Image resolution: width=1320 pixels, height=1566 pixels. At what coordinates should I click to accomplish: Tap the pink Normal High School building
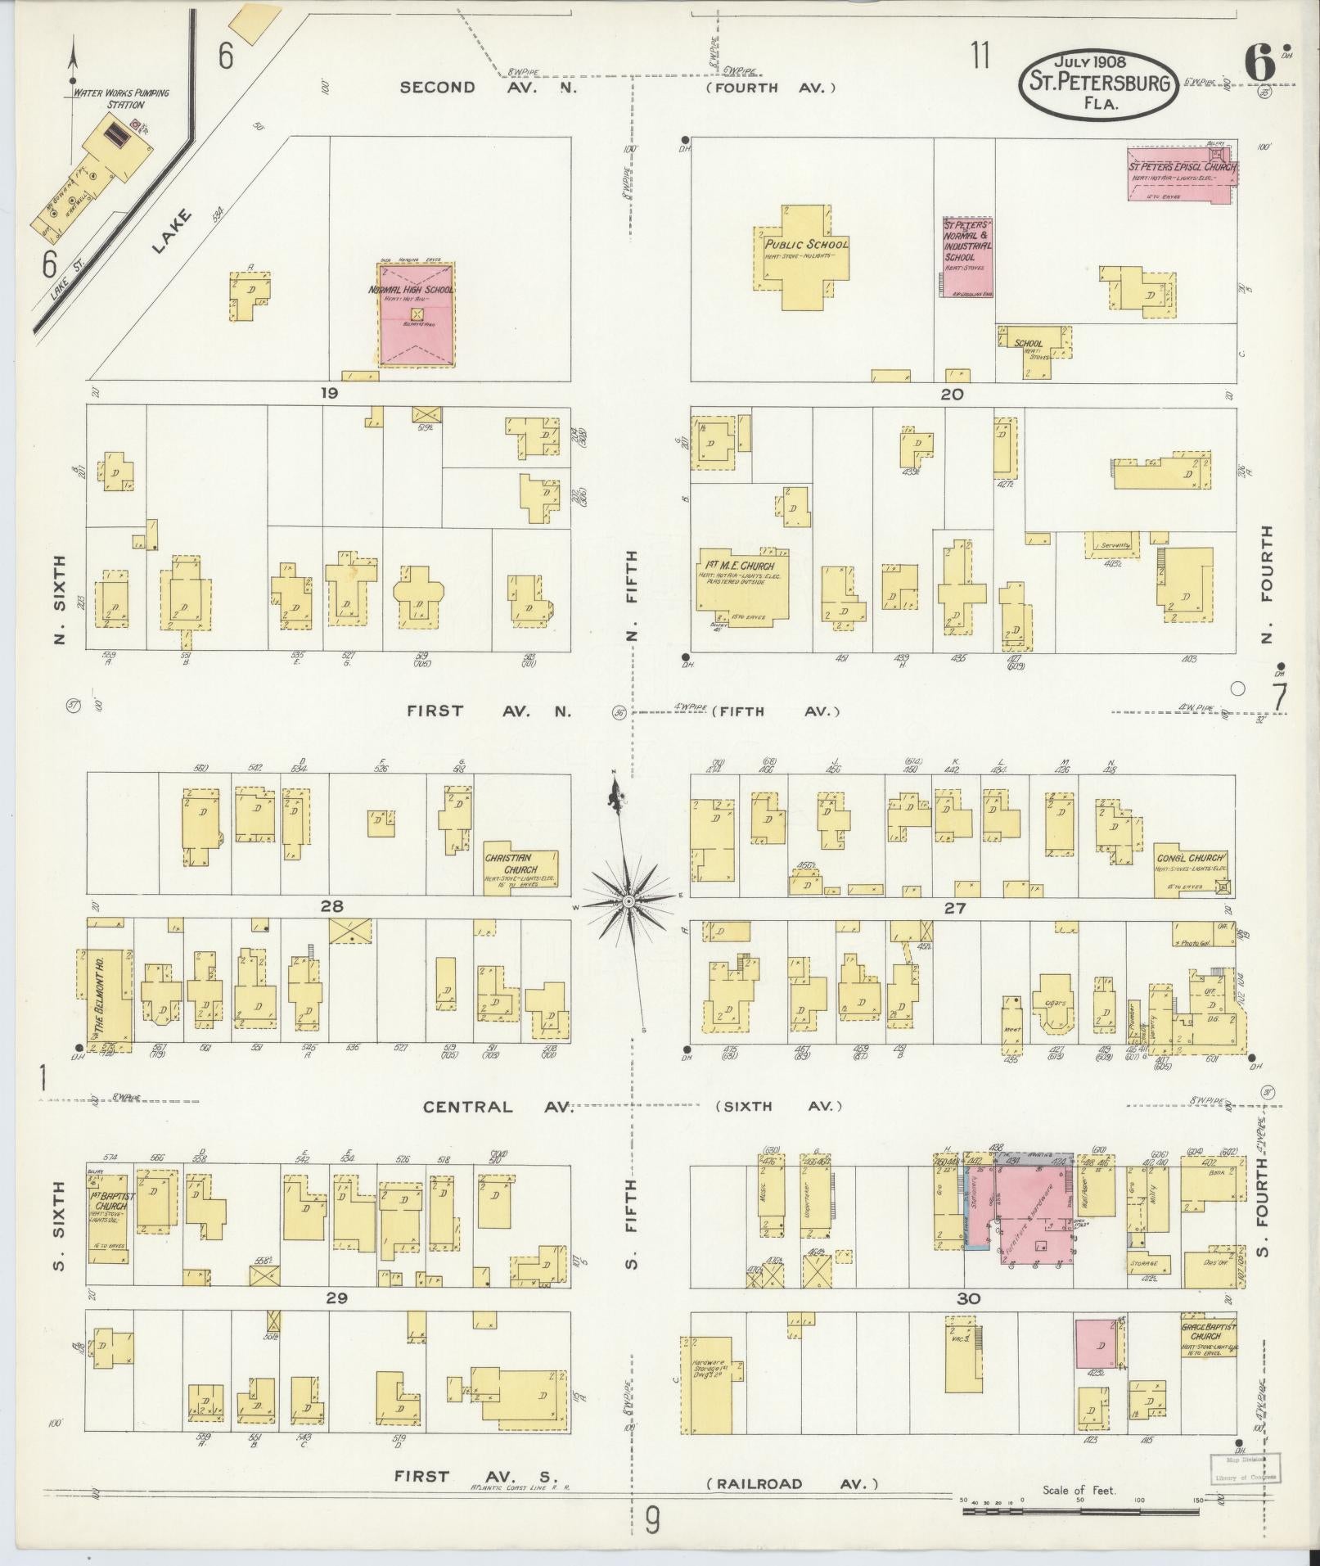pos(416,314)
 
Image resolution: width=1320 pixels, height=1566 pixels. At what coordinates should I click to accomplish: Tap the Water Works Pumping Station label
pos(121,98)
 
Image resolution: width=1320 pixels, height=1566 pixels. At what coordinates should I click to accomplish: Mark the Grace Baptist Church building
pos(1206,1339)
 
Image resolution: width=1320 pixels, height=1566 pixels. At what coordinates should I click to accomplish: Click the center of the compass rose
pos(628,901)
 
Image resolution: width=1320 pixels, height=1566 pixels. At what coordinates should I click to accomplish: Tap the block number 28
pos(331,906)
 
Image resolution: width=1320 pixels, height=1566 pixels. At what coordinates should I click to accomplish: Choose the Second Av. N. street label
pos(489,87)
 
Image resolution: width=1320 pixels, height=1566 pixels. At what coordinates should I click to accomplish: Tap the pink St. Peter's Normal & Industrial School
pos(966,256)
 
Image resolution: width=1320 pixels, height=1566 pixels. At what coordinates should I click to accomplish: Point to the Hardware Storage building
pos(709,1383)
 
